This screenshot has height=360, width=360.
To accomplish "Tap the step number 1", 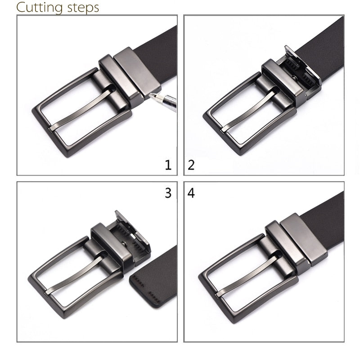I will tap(168, 166).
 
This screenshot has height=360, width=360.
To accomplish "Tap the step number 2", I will tap(191, 166).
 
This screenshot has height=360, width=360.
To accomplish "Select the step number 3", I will tap(168, 193).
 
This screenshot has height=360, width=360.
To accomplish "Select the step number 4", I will tap(191, 193).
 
